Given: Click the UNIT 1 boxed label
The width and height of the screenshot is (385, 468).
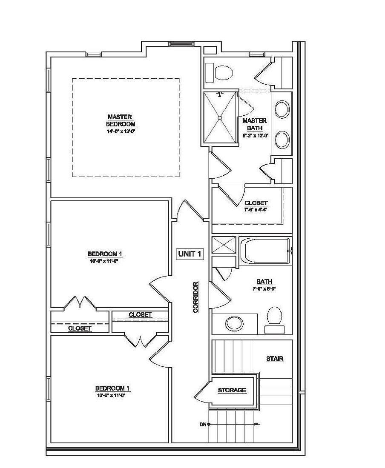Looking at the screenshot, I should point(190,254).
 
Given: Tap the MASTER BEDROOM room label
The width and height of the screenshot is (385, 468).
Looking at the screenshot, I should point(121,120).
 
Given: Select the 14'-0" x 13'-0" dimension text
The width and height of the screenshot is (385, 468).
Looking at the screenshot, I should point(121,132).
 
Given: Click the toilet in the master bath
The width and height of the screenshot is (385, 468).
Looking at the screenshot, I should point(223,73).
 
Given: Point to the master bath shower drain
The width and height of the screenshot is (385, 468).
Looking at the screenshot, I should point(220,117).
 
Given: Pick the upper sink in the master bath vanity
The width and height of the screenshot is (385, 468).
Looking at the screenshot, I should point(282,109).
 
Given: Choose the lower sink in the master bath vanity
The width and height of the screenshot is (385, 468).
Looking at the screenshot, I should point(282,140).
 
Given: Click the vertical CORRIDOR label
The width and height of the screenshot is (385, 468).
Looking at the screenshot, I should point(196,297).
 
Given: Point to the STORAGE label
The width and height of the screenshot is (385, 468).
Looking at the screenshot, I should point(232,390).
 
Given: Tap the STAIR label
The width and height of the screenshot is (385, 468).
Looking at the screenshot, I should point(275,359).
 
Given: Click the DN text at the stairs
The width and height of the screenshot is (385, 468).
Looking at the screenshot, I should point(203,424).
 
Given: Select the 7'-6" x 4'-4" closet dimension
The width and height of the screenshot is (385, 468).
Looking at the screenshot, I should point(256,209).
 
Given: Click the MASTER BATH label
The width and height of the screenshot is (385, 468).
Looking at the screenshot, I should point(254,124).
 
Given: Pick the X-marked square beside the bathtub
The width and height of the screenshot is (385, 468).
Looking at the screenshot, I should point(224,245).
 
